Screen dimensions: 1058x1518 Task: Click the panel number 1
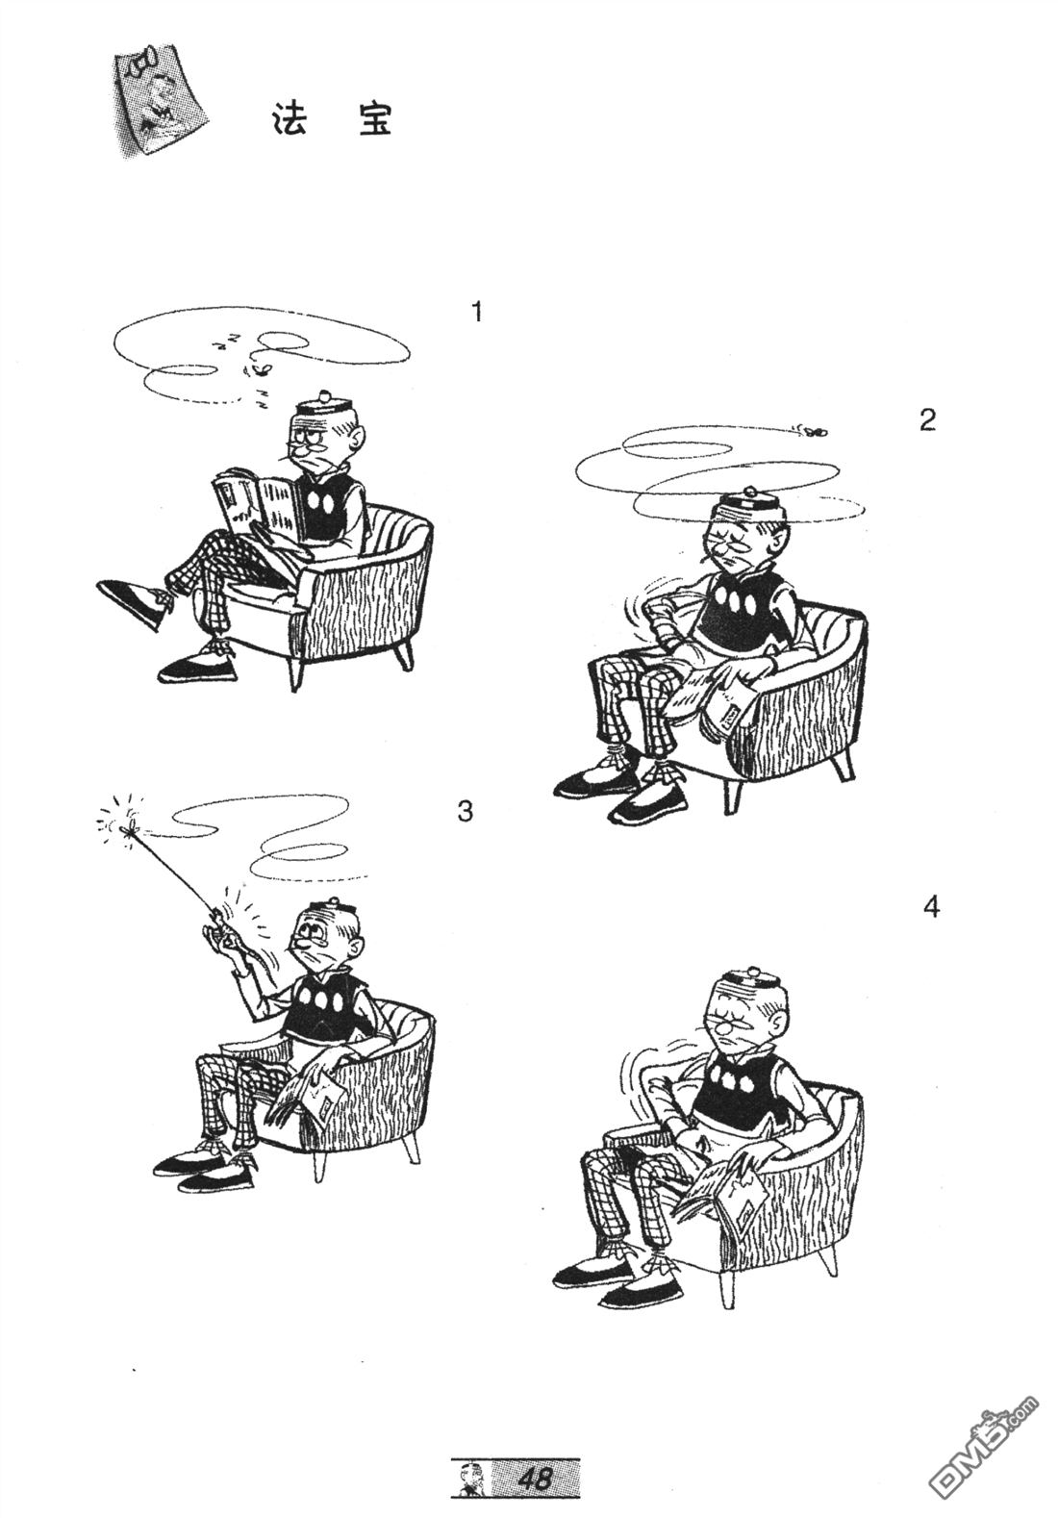[x=478, y=313]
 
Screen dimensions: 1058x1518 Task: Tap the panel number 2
[x=928, y=420]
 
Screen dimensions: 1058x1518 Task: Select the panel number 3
[x=465, y=811]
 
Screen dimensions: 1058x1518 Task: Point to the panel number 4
[x=931, y=907]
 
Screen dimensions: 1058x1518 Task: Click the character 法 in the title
[x=290, y=119]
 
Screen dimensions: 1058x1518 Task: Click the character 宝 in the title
[x=375, y=119]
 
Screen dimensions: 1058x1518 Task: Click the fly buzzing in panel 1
[x=261, y=369]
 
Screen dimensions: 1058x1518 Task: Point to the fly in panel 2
[x=813, y=429]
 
